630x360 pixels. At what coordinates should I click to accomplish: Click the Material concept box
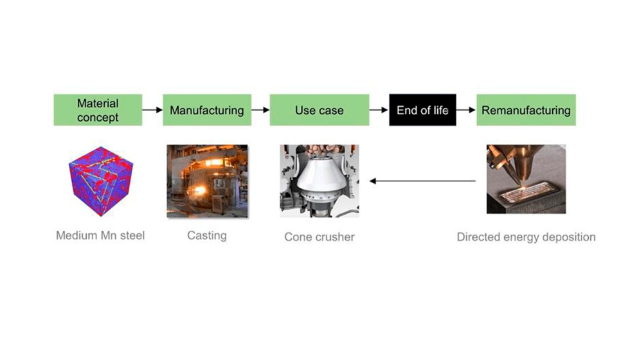point(98,110)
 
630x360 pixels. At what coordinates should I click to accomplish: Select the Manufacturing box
point(206,110)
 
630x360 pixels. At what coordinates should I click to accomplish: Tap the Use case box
point(319,110)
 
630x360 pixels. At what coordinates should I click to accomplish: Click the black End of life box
point(422,110)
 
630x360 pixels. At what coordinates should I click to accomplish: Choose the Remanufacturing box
point(526,110)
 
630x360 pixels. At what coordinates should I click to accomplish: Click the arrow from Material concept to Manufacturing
point(152,110)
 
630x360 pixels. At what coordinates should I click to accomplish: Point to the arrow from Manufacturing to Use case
point(260,110)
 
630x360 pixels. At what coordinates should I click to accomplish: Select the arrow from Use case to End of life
point(379,110)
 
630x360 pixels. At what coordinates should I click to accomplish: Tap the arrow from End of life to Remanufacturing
point(466,110)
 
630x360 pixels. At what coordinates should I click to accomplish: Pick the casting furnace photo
point(206,181)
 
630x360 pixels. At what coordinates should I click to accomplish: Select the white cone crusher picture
point(319,181)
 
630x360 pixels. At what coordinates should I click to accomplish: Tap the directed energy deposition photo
point(526,179)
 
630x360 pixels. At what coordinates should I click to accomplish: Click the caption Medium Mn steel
point(100,235)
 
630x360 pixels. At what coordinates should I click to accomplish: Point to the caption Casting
point(206,235)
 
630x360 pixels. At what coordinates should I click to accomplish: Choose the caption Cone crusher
point(319,237)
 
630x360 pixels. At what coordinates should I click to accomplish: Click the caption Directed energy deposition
point(526,237)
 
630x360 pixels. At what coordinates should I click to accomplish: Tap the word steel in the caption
point(131,235)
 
